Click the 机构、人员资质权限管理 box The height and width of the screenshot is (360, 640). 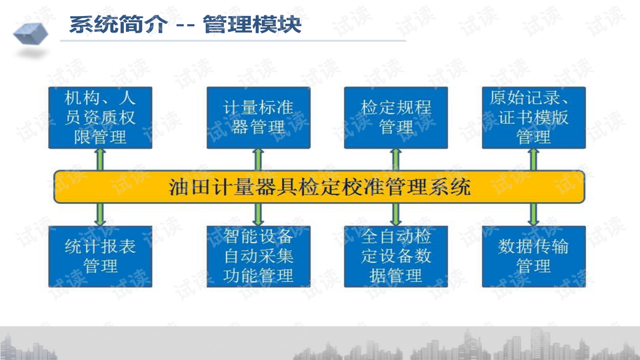pos(101,117)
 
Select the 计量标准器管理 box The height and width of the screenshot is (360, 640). pos(259,117)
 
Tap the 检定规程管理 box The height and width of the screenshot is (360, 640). pos(396,117)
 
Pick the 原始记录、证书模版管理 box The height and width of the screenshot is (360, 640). pos(534,117)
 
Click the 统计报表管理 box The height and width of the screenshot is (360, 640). pos(101,256)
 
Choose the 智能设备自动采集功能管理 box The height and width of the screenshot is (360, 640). pos(259,256)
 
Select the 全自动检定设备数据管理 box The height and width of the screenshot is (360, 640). pos(396,256)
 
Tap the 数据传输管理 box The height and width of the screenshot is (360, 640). pos(534,256)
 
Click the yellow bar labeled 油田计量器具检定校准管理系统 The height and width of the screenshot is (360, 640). pos(319,187)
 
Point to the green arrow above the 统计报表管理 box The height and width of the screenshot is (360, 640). pos(101,214)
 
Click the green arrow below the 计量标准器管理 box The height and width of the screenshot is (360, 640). pos(259,159)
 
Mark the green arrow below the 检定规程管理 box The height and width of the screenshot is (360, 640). pos(396,159)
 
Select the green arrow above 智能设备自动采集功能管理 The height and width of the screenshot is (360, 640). pos(259,214)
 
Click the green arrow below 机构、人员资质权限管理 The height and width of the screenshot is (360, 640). pos(101,159)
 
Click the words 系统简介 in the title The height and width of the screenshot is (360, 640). pos(119,24)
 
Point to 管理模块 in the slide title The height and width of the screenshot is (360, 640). pos(252,24)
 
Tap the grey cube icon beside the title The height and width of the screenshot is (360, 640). pos(31,33)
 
